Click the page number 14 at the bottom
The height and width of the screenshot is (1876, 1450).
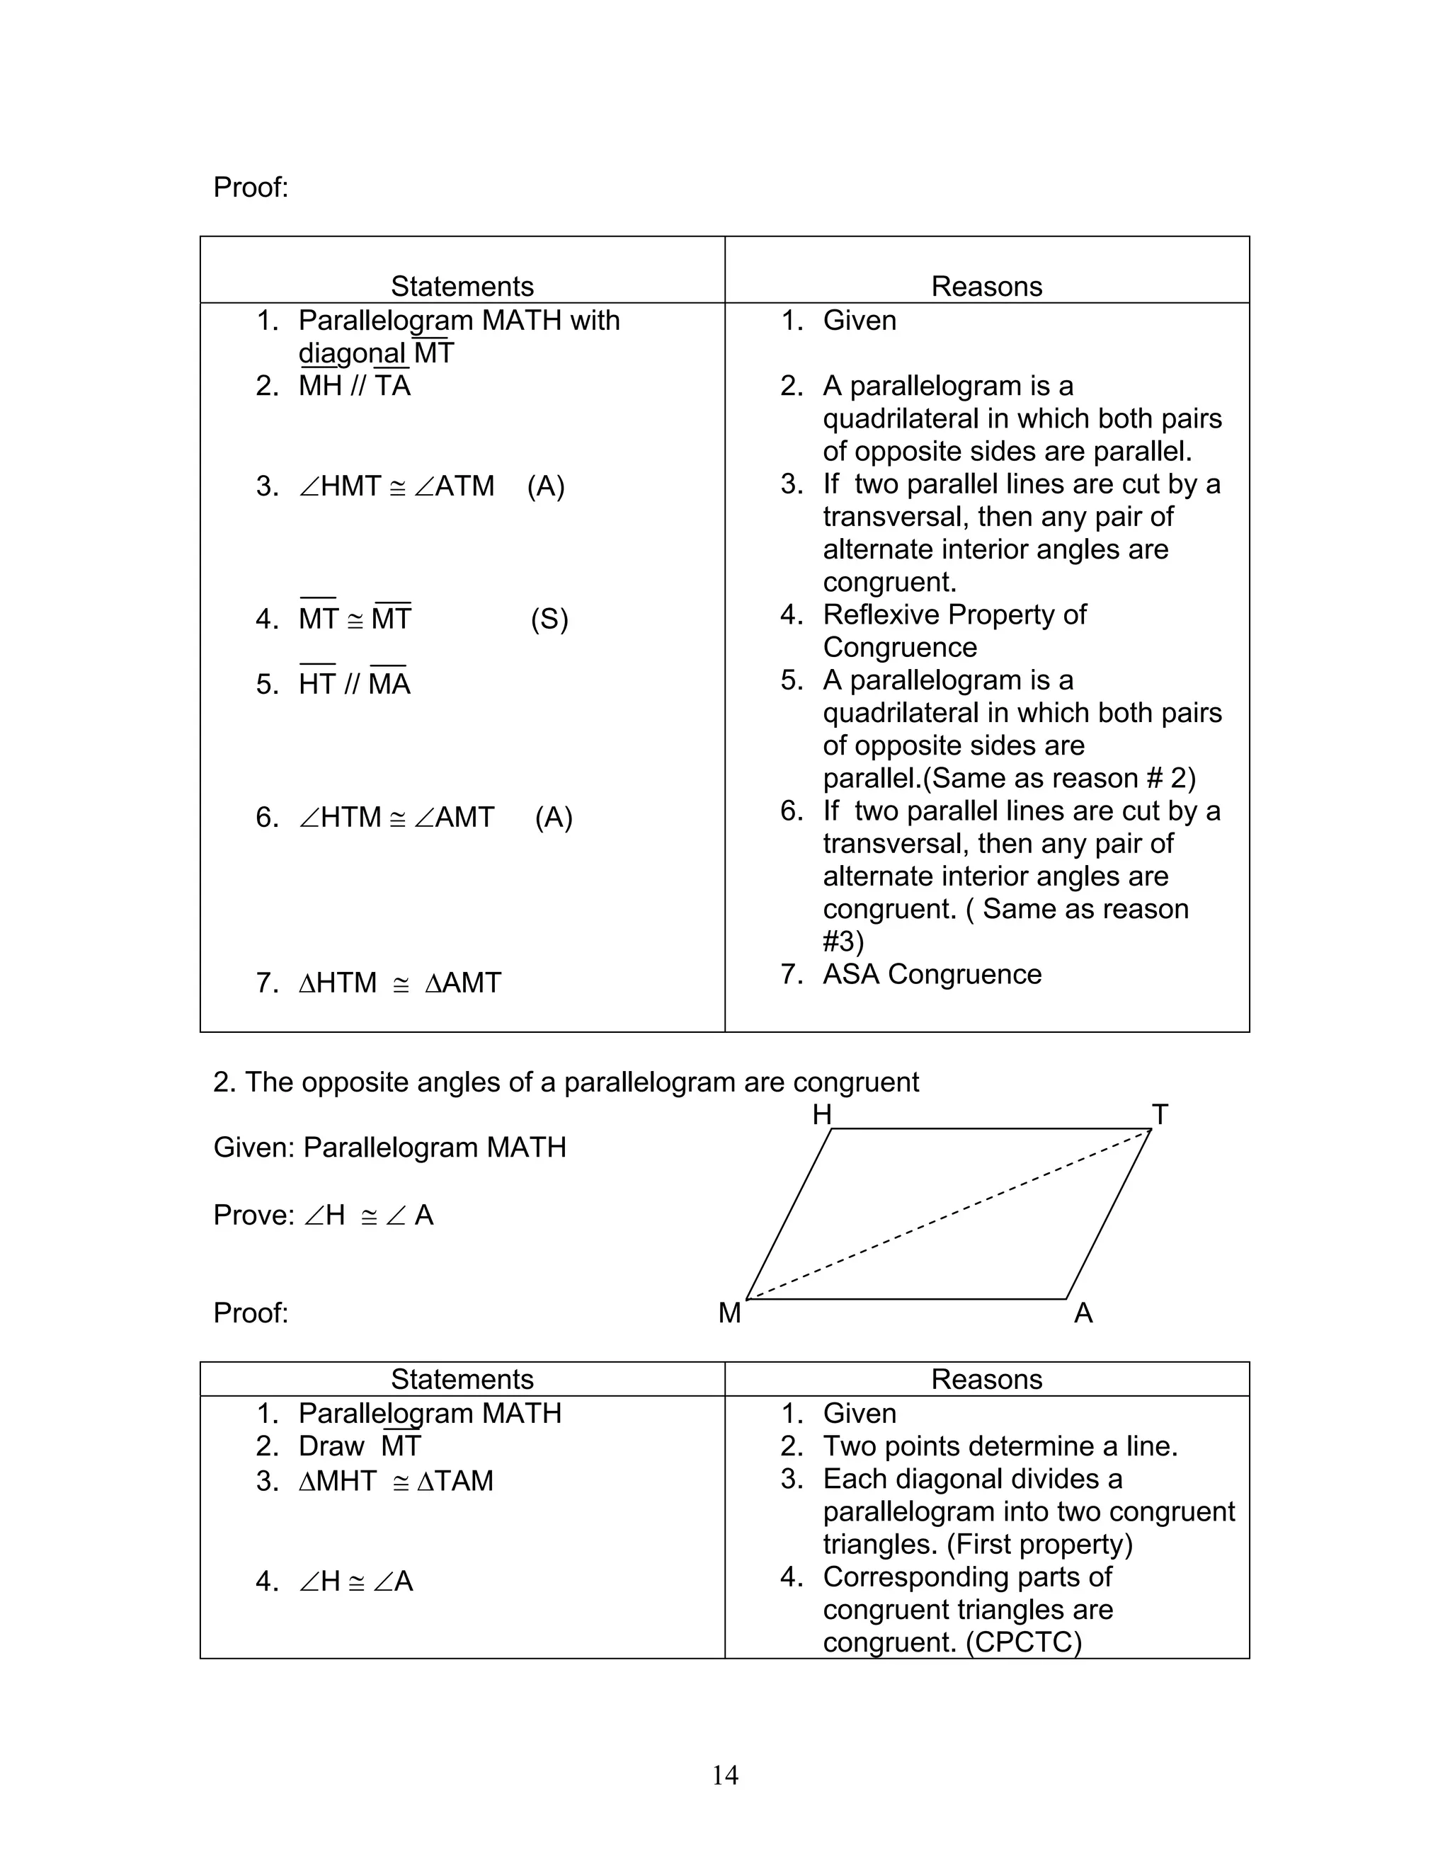[x=724, y=1775]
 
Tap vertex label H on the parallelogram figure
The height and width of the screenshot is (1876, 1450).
[x=821, y=1115]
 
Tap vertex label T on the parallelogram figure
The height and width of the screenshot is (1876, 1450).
[x=1160, y=1115]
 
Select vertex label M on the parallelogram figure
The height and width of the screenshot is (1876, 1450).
[x=729, y=1313]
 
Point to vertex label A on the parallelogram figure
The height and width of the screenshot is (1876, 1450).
[x=1083, y=1313]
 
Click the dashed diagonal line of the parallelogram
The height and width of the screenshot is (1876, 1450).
[x=948, y=1213]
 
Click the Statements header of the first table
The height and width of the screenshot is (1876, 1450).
[x=462, y=286]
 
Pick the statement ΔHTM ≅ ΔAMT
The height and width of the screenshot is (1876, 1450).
[x=399, y=983]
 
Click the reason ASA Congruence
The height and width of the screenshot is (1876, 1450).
[x=931, y=974]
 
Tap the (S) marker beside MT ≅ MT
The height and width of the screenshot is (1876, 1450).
[x=549, y=619]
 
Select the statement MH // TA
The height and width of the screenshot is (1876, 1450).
[x=354, y=386]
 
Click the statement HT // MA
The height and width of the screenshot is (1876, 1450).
[x=354, y=685]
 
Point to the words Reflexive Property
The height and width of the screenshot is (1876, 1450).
[x=954, y=615]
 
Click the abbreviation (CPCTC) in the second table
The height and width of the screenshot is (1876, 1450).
[x=1023, y=1642]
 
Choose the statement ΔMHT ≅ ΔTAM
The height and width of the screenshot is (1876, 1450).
[x=395, y=1481]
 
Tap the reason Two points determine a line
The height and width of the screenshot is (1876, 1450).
[x=1000, y=1446]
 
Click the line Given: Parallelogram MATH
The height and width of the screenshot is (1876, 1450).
[x=390, y=1148]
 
